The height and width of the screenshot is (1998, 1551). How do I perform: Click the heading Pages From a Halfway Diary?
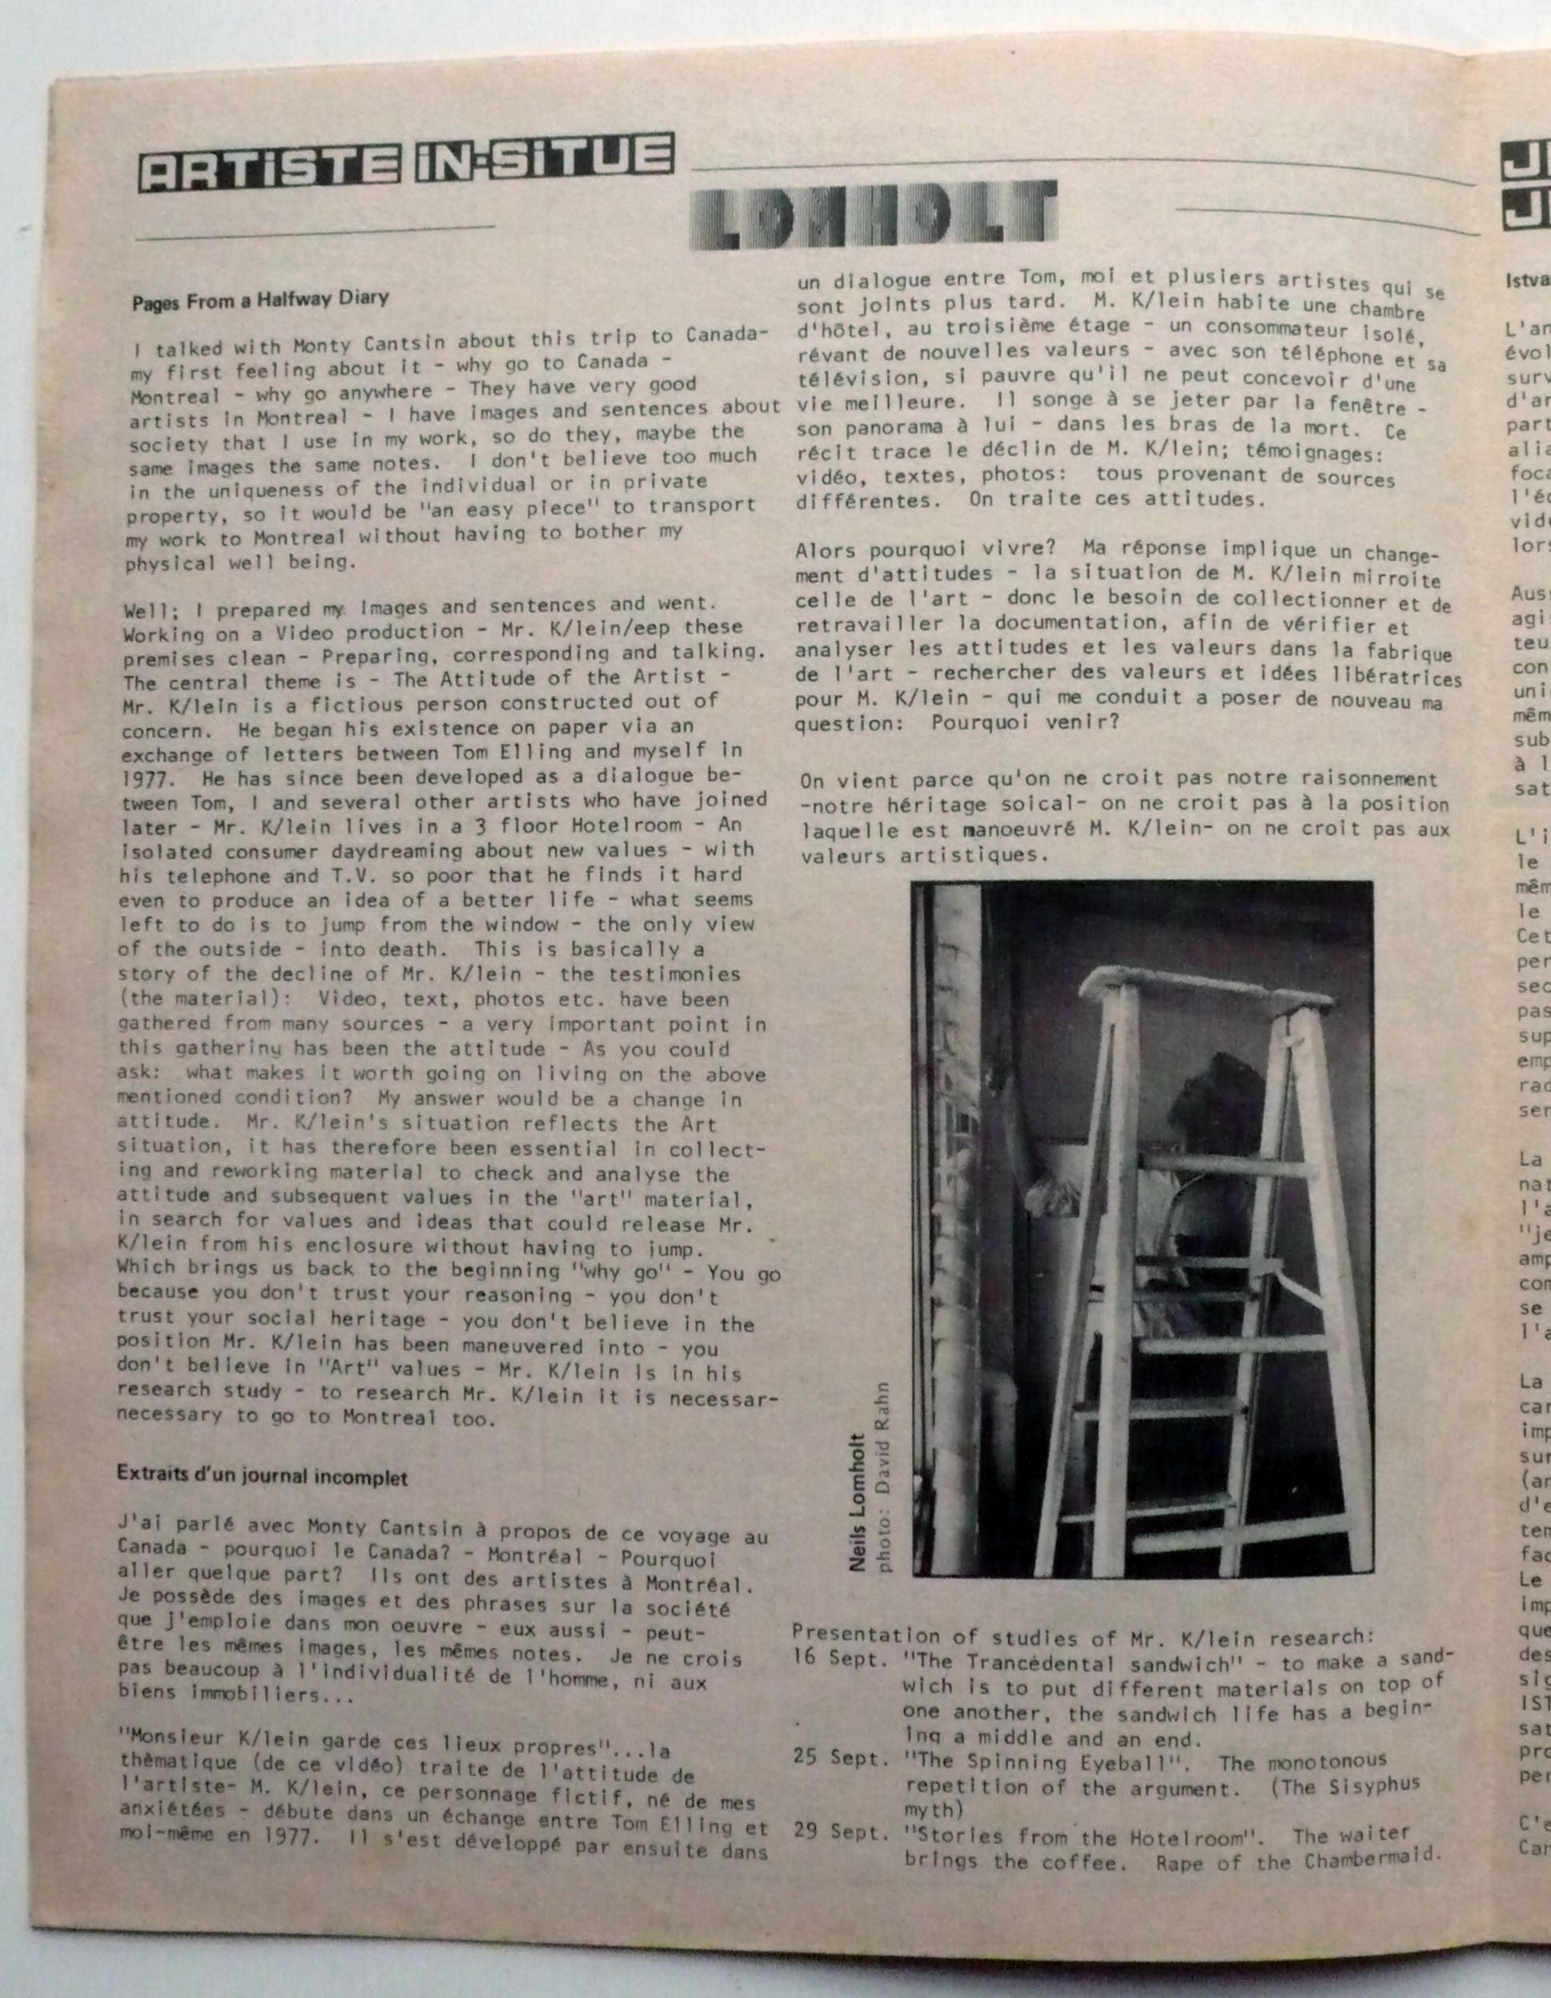point(261,299)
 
